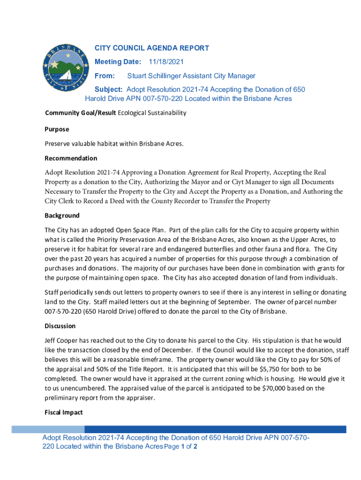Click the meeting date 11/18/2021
click(166, 62)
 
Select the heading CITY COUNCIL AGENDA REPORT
click(151, 48)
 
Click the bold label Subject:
click(109, 90)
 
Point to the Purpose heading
click(57, 129)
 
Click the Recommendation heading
click(71, 158)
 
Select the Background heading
click(62, 216)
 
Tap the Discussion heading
click(60, 326)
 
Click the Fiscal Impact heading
click(63, 412)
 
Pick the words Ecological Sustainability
click(152, 113)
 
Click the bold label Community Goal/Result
click(80, 113)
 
